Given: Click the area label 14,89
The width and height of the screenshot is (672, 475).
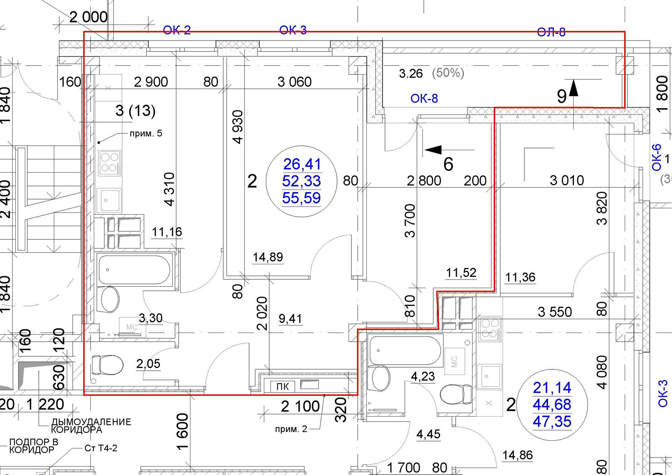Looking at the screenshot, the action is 268,257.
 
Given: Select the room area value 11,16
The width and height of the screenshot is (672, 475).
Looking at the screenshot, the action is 167,232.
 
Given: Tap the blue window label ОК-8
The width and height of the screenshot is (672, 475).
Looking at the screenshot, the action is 424,99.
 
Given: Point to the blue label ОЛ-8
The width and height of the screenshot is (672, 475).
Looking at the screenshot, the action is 551,32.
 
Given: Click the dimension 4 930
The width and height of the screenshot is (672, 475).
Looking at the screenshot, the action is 238,127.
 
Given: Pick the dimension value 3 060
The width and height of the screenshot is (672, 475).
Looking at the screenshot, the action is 294,82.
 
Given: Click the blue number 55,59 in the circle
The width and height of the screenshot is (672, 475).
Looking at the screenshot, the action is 301,198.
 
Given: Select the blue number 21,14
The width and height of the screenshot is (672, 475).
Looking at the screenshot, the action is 552,387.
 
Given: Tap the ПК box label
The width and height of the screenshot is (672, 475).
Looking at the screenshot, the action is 282,386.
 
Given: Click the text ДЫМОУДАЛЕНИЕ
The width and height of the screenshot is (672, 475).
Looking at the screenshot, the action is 91,422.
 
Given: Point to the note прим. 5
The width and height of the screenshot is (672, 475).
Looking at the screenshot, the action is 146,133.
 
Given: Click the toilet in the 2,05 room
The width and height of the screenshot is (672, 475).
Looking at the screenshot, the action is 107,365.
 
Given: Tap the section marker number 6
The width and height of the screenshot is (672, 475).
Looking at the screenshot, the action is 448,164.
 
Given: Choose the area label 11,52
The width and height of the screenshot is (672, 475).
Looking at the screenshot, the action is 461,273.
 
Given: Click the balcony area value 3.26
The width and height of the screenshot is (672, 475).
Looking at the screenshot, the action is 411,74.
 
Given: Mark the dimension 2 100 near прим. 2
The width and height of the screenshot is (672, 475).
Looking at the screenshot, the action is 300,406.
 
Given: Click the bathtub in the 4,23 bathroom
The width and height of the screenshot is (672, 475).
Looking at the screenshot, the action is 405,350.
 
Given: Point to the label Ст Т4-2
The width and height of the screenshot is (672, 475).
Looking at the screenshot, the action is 101,448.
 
